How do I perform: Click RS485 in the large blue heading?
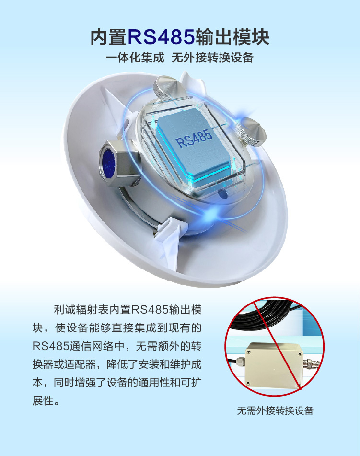pyautogui.click(x=161, y=37)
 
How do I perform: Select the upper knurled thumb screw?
pyautogui.click(x=166, y=87)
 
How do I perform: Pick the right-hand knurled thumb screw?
pyautogui.click(x=251, y=133)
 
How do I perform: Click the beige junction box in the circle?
pyautogui.click(x=274, y=365)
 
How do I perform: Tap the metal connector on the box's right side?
pyautogui.click(x=312, y=363)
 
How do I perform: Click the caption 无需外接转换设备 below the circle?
pyautogui.click(x=275, y=410)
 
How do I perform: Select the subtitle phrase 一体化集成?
pyautogui.click(x=135, y=58)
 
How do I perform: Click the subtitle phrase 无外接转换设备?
pyautogui.click(x=212, y=58)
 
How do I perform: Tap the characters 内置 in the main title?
pyautogui.click(x=109, y=37)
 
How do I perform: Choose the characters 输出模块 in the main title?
pyautogui.click(x=232, y=37)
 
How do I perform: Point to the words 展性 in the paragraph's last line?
pyautogui.click(x=43, y=401)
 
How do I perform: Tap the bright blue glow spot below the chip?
pyautogui.click(x=211, y=214)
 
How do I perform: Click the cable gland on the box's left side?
pyautogui.click(x=239, y=362)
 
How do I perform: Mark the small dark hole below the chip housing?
pyautogui.click(x=222, y=193)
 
